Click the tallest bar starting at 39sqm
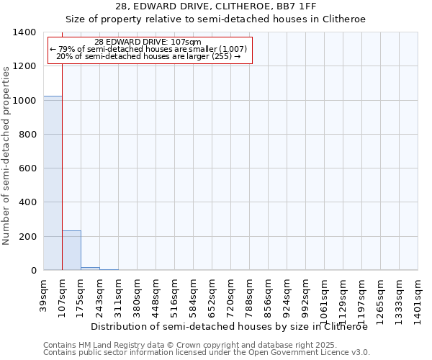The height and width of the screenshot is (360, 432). [53, 183]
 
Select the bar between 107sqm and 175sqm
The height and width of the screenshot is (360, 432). [71, 251]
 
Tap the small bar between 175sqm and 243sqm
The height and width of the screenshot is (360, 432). [90, 269]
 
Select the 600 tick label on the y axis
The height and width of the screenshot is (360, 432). [27, 168]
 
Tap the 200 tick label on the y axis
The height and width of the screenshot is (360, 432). [27, 237]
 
